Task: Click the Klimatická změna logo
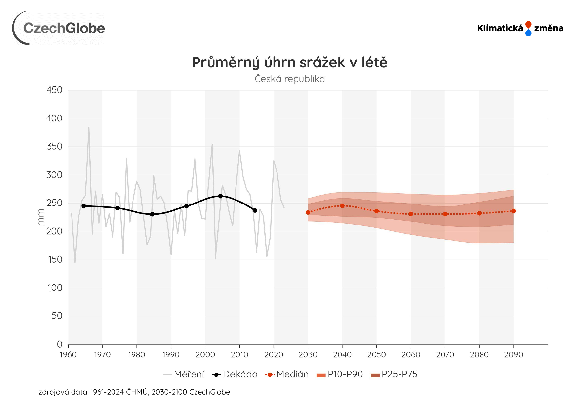520,28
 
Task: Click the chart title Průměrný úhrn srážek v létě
290,62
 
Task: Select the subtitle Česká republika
290,79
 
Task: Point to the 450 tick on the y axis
54,90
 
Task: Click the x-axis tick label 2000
205,355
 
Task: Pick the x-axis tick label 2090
513,355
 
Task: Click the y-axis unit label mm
41,217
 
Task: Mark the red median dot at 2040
342,206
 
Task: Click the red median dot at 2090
514,211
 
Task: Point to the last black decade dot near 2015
255,210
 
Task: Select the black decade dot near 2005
220,196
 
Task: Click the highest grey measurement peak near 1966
89,128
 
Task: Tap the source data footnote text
134,392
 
